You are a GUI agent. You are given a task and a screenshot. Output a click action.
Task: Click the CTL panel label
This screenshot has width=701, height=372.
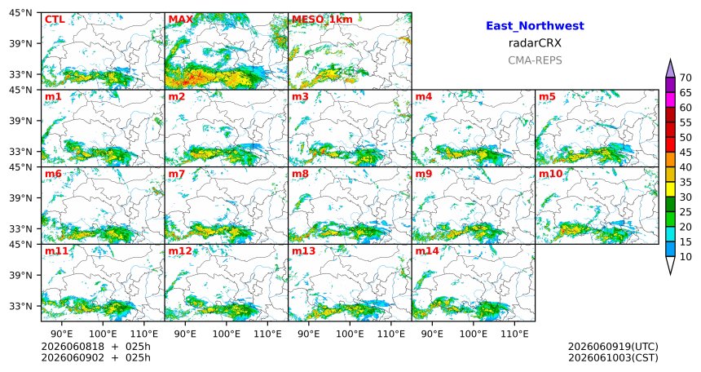point(55,20)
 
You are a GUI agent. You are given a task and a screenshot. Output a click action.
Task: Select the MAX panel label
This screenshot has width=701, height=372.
point(181,20)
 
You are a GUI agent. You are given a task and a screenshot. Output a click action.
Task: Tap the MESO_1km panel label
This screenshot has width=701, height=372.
point(322,20)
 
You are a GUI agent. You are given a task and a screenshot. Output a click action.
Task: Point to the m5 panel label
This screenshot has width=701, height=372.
point(547,97)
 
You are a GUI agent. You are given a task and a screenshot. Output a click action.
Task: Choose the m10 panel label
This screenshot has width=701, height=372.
point(550,174)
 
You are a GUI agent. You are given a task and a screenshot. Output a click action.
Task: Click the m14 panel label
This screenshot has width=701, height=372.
point(427,251)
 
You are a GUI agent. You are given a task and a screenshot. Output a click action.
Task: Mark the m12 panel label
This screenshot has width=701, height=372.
point(179,251)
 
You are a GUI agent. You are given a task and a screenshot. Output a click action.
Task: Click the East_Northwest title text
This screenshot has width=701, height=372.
point(535,26)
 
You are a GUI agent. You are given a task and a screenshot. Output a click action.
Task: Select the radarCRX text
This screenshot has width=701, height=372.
point(535,43)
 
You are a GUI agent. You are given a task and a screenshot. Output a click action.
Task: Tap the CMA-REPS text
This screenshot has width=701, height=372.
point(535,60)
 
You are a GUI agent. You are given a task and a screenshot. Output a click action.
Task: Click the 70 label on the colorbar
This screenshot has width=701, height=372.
point(686,77)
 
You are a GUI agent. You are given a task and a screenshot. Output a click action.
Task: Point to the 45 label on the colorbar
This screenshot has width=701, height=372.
point(686,153)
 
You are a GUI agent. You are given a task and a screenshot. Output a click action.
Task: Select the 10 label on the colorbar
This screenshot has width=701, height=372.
point(686,256)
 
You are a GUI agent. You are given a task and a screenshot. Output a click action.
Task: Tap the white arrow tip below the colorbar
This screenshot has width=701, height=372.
point(670,273)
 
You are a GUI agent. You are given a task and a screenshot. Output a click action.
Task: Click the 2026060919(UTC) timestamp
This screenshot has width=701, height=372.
point(613,347)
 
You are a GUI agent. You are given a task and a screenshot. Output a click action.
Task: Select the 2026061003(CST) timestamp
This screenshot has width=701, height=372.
point(613,358)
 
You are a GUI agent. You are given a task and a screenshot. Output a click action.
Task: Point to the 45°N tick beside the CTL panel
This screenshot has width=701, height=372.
point(20,13)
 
